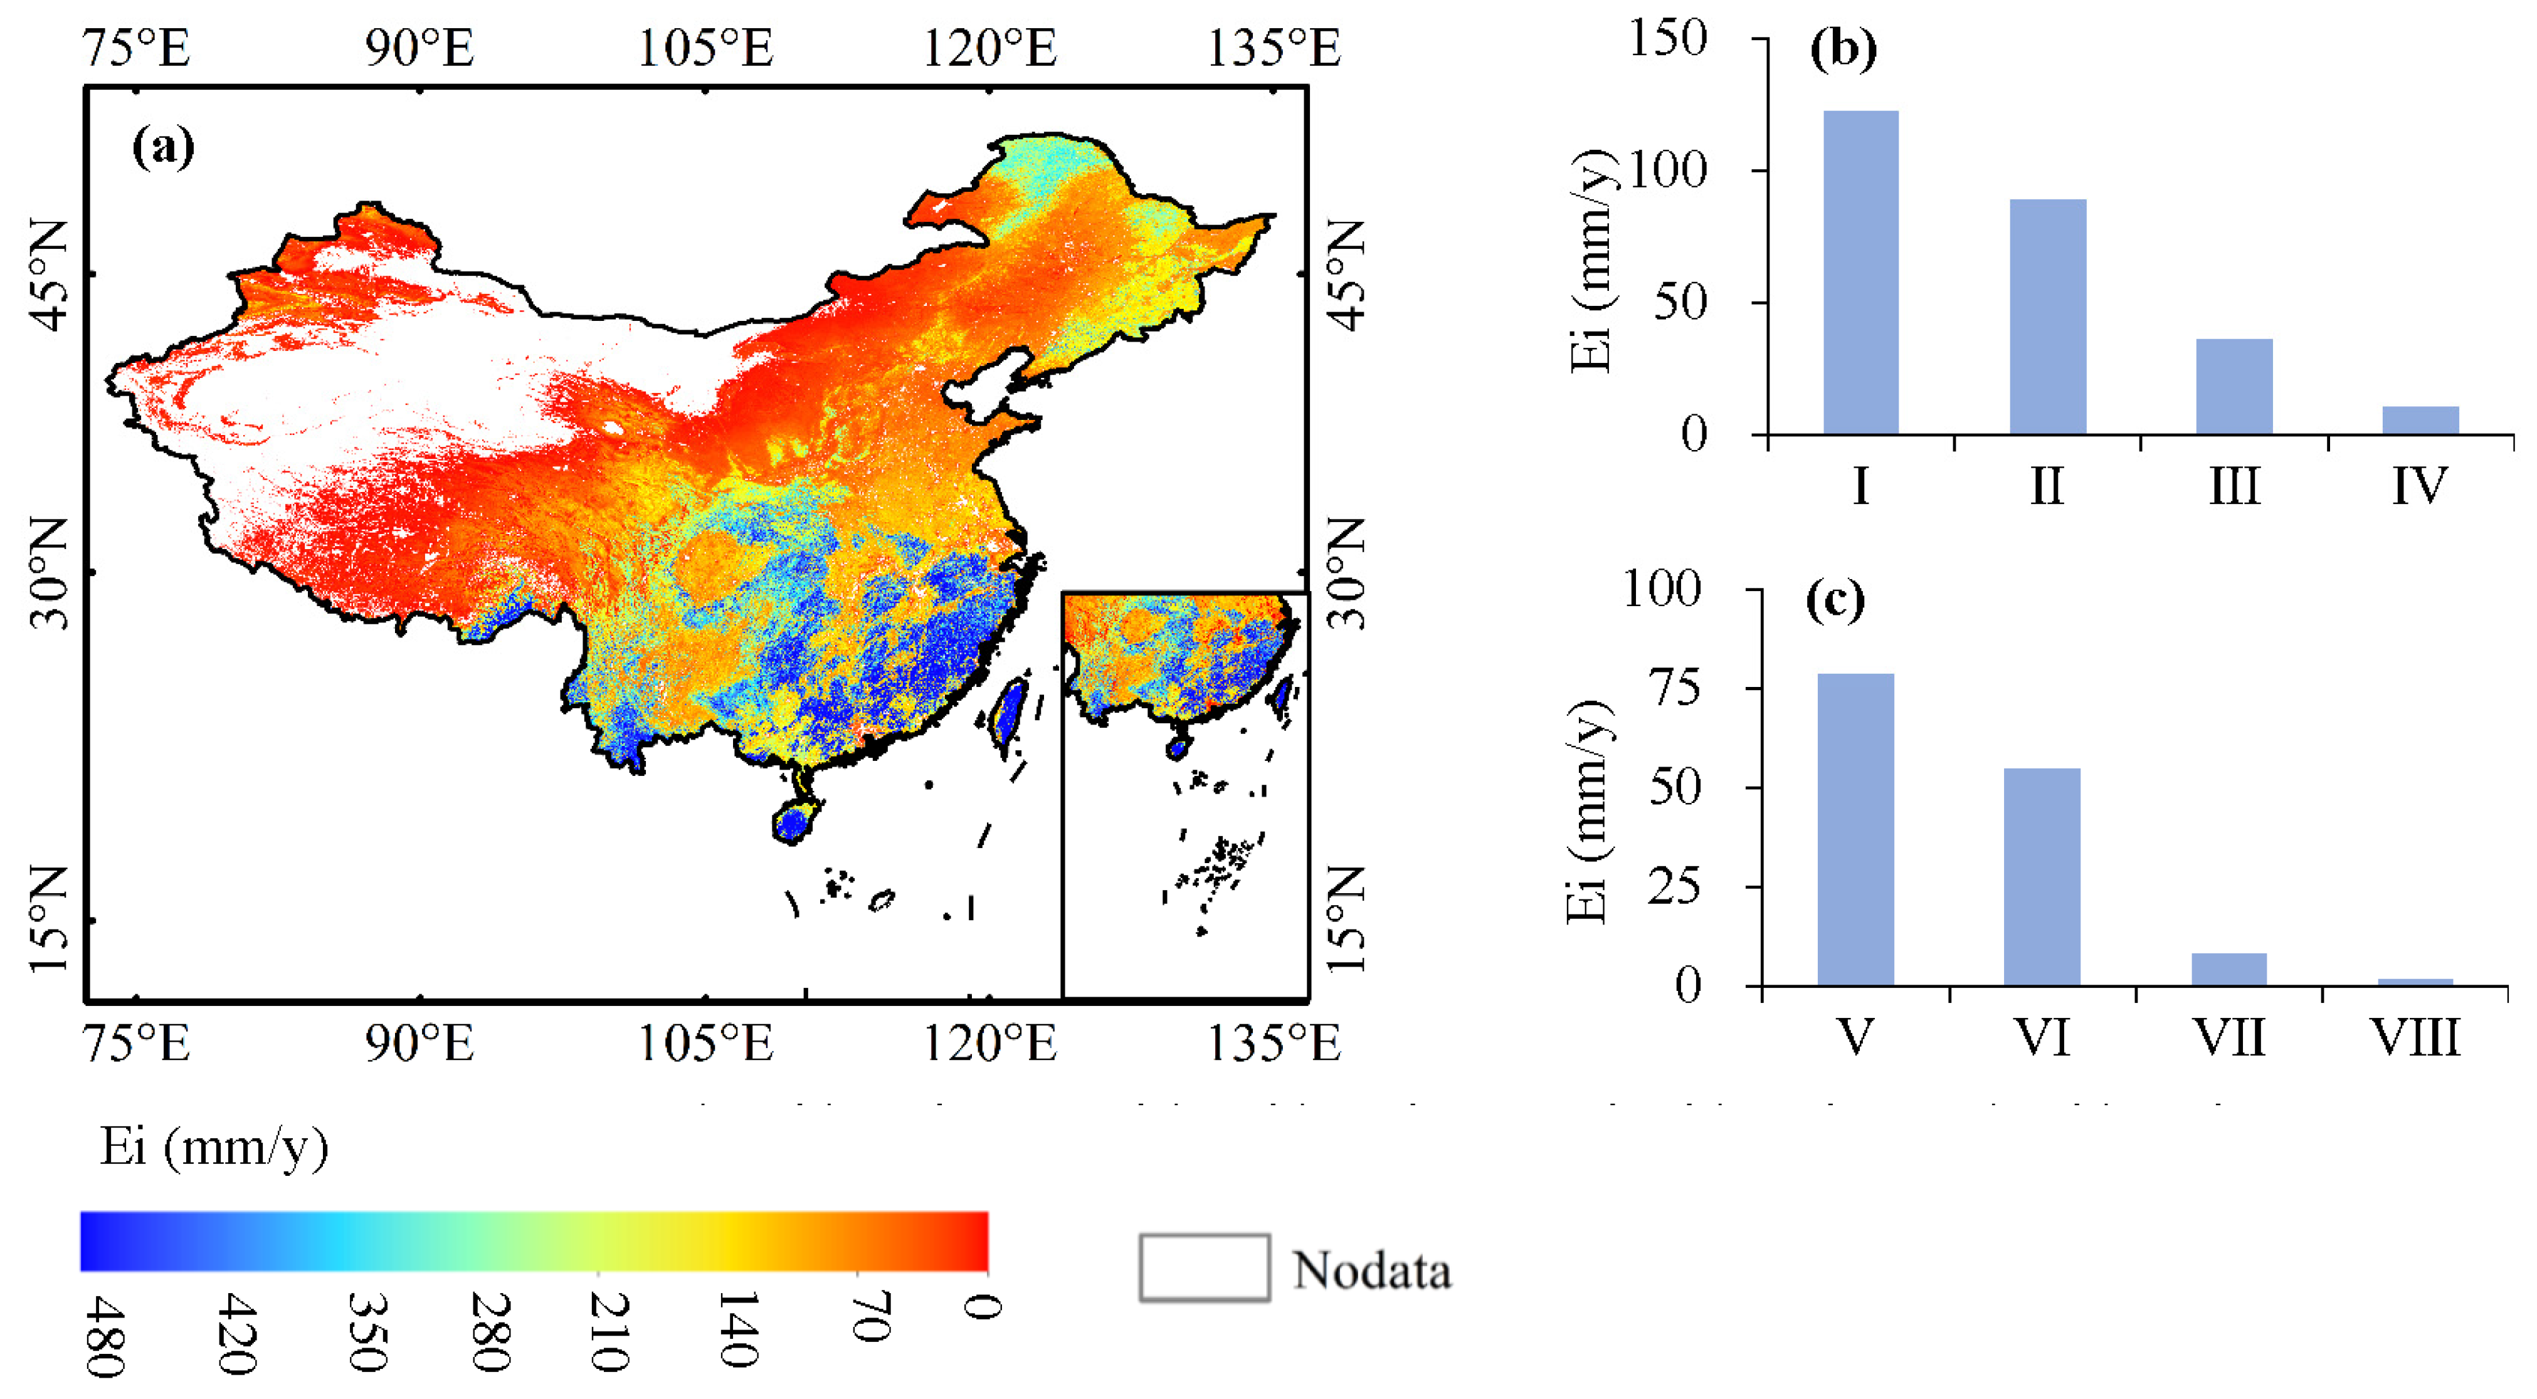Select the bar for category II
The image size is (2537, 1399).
coord(2047,317)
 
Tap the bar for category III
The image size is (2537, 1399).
coord(2234,386)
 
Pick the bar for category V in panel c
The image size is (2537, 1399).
coord(1855,829)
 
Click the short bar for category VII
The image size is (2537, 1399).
coord(2228,969)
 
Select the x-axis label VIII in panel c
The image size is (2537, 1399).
coord(2414,1039)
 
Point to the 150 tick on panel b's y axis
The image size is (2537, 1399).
coord(1667,39)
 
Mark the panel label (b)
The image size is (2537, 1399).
coord(1843,50)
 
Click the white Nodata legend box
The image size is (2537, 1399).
coord(1203,1267)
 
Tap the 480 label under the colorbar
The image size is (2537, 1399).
coord(103,1335)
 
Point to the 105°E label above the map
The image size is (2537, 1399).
coord(705,47)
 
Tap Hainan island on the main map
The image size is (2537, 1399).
coord(795,820)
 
